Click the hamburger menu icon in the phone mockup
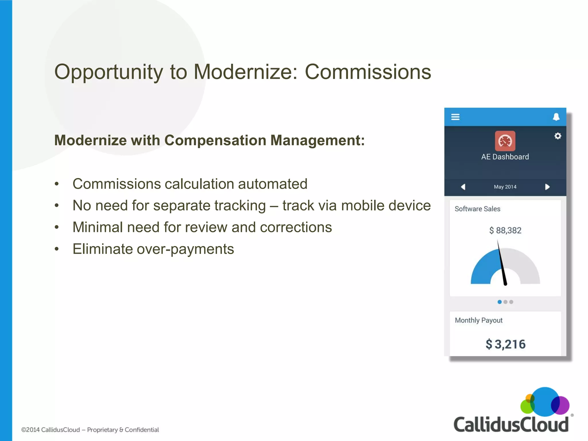click(455, 117)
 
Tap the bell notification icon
click(556, 117)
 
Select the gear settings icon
click(558, 136)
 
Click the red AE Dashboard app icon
click(505, 141)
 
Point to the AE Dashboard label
click(505, 157)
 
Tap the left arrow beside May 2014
click(463, 187)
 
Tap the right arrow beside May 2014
click(547, 187)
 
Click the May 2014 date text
click(505, 187)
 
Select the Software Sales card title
click(477, 209)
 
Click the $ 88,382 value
click(505, 230)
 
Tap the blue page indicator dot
click(500, 302)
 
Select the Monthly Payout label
click(479, 320)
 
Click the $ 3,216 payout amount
click(505, 344)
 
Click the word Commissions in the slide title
click(368, 72)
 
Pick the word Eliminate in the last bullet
click(102, 249)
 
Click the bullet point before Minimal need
click(57, 227)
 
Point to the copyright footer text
click(90, 430)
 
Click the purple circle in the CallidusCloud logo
click(562, 405)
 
